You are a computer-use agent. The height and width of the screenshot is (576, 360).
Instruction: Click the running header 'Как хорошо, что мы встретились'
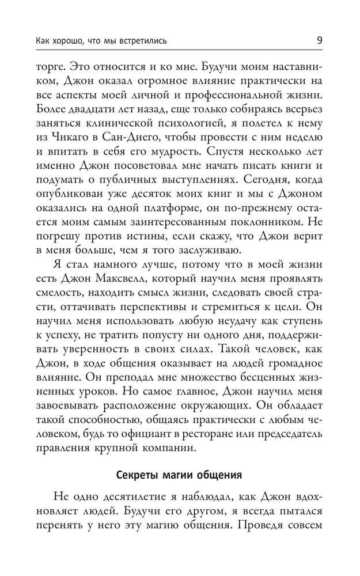93,41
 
